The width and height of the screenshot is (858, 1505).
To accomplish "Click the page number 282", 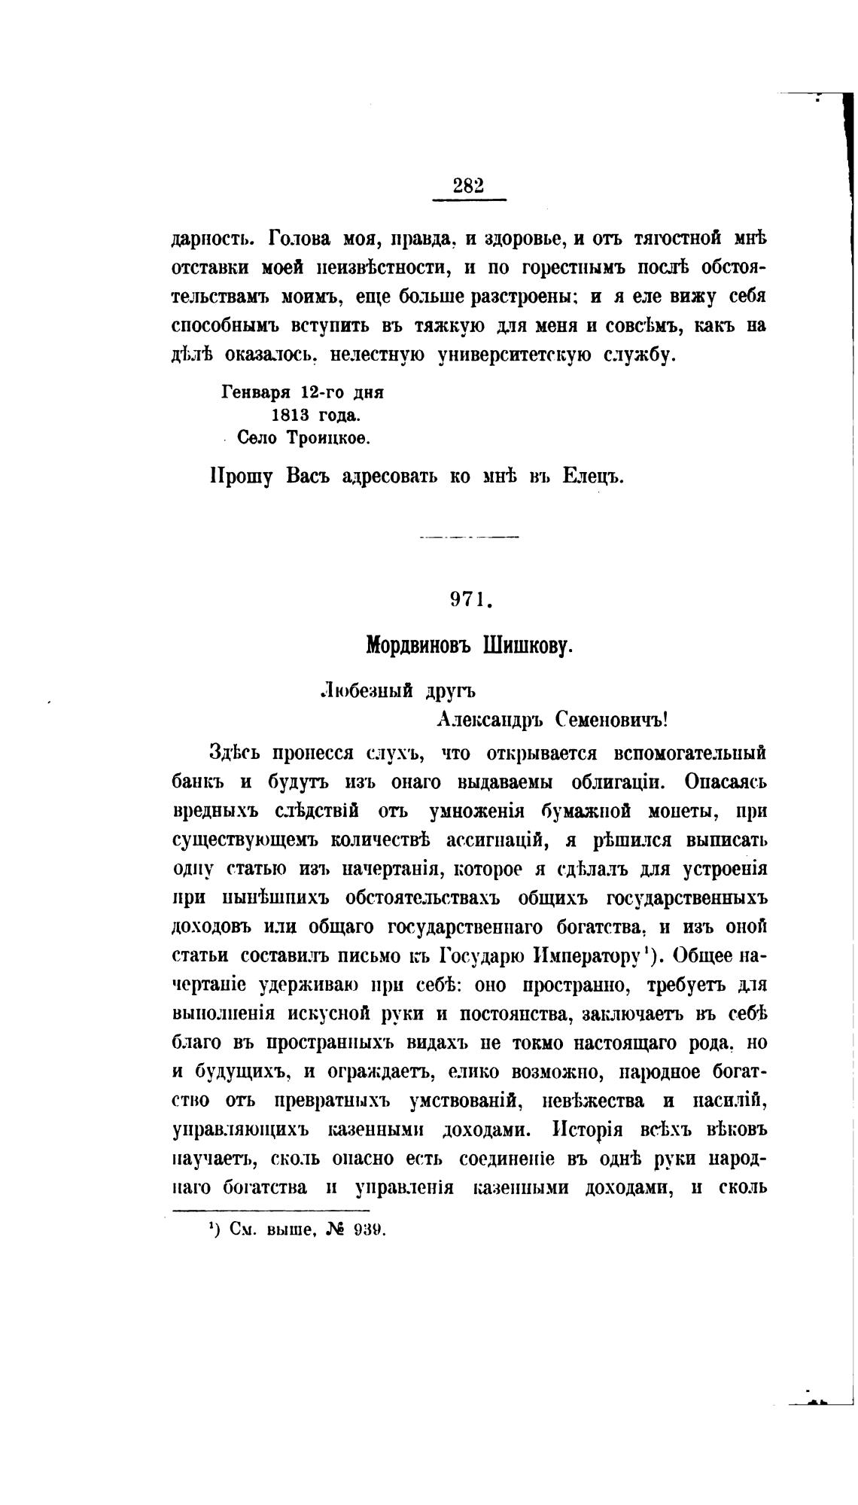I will tap(468, 185).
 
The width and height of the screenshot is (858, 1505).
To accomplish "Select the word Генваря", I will tap(256, 393).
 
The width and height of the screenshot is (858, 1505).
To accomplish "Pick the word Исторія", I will tap(589, 1129).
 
